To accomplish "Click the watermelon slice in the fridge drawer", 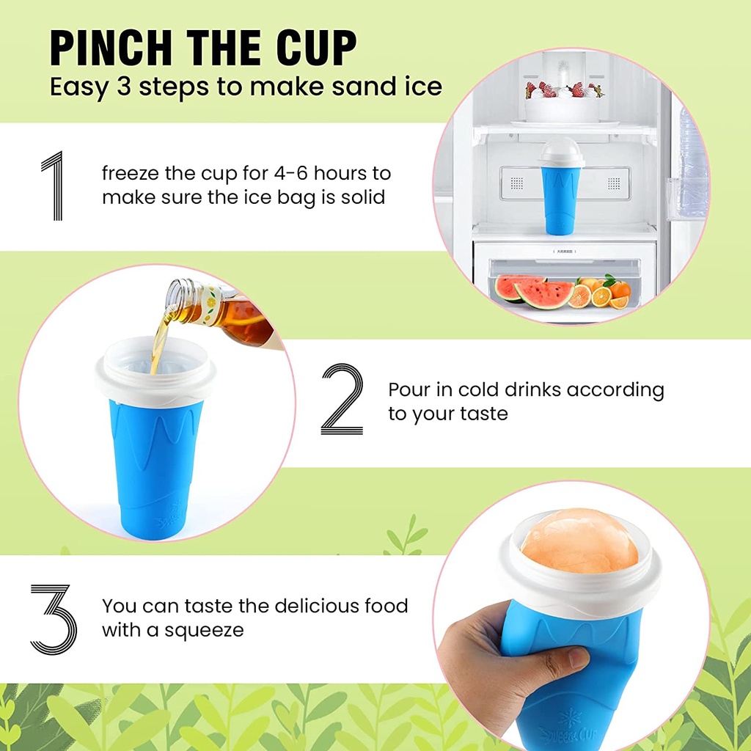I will [x=534, y=291].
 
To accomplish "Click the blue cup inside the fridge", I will [x=563, y=199].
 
